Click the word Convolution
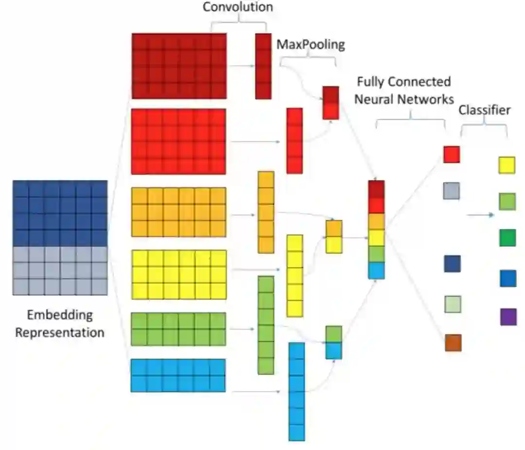click(238, 7)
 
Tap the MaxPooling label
click(311, 45)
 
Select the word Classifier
click(485, 110)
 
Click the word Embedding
click(60, 315)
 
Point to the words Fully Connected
click(403, 81)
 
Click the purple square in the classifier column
click(508, 317)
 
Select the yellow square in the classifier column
click(507, 165)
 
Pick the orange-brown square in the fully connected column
click(453, 342)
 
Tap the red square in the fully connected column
click(452, 154)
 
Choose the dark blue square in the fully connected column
click(452, 263)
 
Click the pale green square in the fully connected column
click(452, 304)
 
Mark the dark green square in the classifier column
click(507, 238)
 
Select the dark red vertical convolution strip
click(263, 66)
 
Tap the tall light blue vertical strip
click(297, 391)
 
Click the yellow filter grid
click(179, 274)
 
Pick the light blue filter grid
click(178, 375)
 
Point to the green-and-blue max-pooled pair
click(333, 342)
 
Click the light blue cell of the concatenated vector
click(376, 270)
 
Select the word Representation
click(60, 333)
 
